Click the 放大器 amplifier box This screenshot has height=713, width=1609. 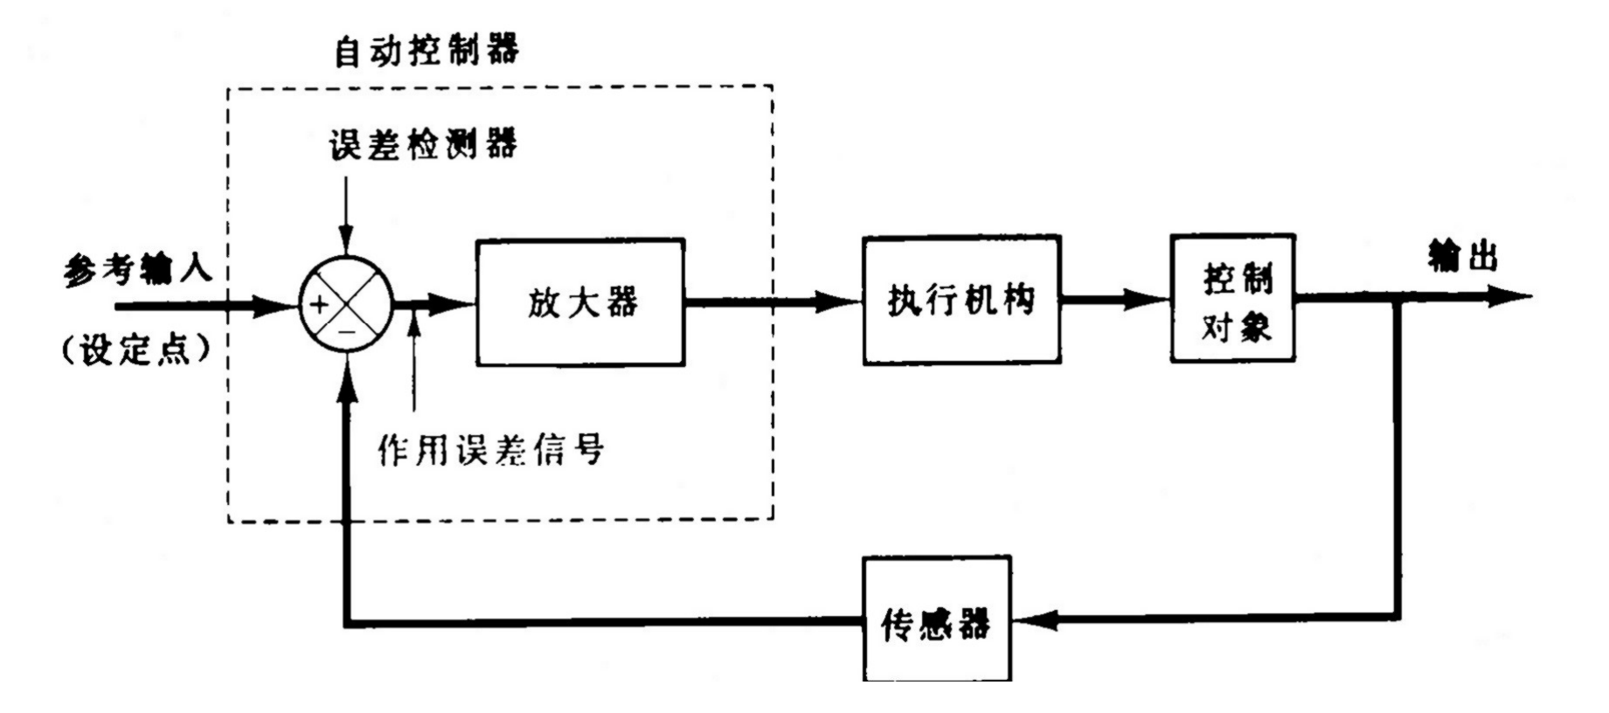pyautogui.click(x=580, y=301)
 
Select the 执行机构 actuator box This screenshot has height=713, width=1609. pyautogui.click(x=961, y=300)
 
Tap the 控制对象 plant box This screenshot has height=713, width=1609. pyautogui.click(x=1232, y=298)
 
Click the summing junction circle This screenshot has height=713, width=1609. pyautogui.click(x=347, y=305)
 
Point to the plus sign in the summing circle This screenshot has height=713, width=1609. pyautogui.click(x=320, y=305)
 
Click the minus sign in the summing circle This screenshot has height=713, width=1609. pyautogui.click(x=347, y=332)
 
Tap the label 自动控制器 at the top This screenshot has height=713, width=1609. pyautogui.click(x=427, y=51)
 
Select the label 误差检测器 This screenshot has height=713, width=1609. pyautogui.click(x=423, y=144)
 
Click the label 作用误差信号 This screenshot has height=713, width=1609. pyautogui.click(x=490, y=450)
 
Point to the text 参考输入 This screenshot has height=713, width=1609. pyautogui.click(x=138, y=269)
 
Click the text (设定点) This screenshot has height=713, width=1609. pyautogui.click(x=137, y=350)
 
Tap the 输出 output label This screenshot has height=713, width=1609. pyautogui.click(x=1462, y=256)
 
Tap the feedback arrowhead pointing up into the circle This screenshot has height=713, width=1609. pyautogui.click(x=348, y=376)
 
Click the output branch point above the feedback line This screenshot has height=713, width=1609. pyautogui.click(x=1397, y=298)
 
